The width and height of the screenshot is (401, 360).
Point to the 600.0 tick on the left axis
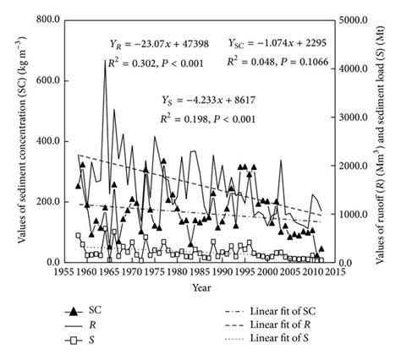pyautogui.click(x=43, y=79)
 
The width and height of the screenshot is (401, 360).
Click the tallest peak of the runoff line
pyautogui.click(x=105, y=61)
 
